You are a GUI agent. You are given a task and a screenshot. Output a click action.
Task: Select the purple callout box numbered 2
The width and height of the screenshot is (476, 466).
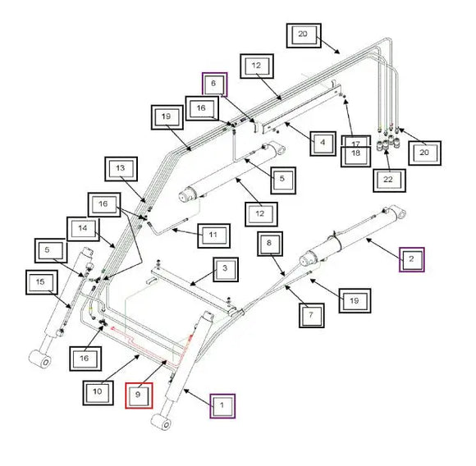click(412, 259)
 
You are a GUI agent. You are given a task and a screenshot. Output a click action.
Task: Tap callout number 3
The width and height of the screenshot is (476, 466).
click(225, 269)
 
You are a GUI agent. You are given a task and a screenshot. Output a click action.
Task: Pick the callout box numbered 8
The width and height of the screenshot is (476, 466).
click(269, 244)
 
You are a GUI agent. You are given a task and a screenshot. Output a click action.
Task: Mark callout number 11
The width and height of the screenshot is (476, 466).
click(213, 235)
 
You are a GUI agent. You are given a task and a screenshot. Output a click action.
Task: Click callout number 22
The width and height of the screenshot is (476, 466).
click(387, 177)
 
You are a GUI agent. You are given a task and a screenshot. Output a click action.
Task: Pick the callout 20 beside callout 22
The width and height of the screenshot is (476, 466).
click(424, 153)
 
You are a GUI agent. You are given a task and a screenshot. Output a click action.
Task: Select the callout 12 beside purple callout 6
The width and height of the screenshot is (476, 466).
click(255, 66)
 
